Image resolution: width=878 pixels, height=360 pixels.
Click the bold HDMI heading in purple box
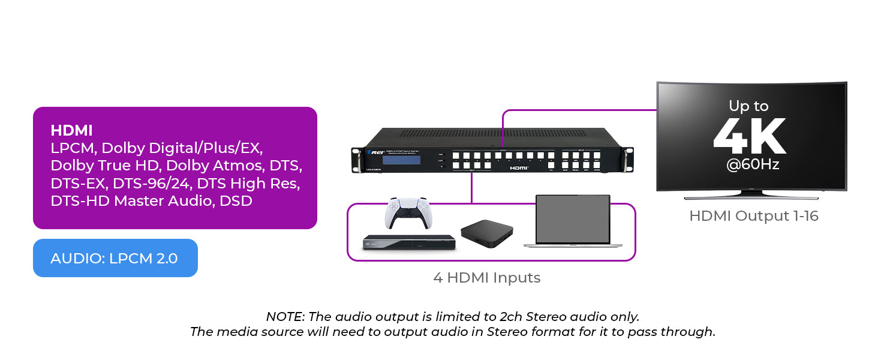pos(71,130)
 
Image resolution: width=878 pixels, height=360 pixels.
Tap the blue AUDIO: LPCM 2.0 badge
pos(115,258)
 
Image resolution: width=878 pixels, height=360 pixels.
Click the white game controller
pos(408,213)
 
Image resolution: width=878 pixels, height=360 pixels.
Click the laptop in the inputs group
pos(572,221)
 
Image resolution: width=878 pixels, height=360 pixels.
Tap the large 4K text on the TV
pos(749,137)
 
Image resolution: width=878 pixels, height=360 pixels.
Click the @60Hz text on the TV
pos(752,164)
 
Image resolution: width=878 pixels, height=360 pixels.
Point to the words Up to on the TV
pos(748,106)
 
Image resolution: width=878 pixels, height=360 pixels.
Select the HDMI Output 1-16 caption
pos(753,216)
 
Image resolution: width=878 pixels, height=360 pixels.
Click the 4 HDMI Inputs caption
pos(486,278)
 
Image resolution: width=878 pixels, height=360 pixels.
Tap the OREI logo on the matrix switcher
pos(374,152)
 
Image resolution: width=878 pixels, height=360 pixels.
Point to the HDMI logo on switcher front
pos(519,169)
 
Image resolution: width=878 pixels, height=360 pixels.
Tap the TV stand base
pos(751,196)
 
